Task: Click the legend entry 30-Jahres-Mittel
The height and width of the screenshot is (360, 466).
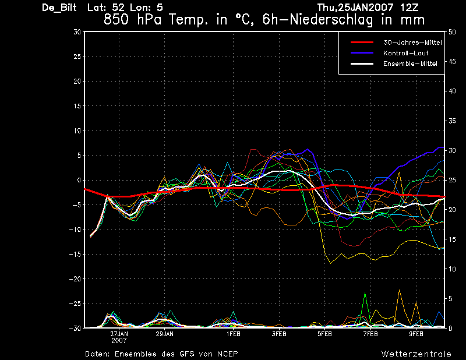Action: (x=412, y=43)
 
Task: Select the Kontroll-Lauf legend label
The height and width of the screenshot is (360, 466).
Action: (x=405, y=53)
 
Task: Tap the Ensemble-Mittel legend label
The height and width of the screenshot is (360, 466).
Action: (x=410, y=63)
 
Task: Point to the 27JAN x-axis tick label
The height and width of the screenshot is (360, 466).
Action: (x=119, y=334)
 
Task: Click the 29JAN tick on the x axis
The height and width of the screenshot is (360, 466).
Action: (x=165, y=334)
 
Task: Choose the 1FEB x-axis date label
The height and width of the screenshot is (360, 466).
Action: (x=234, y=334)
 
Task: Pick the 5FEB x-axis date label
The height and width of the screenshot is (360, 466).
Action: (x=324, y=334)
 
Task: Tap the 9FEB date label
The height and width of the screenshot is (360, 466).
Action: (x=416, y=334)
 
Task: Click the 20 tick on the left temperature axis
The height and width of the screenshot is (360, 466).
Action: (x=77, y=81)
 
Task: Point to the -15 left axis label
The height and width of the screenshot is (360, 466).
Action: (x=75, y=254)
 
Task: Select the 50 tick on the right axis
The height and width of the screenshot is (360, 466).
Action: (x=452, y=32)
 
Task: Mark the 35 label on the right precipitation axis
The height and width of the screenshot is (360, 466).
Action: (x=452, y=121)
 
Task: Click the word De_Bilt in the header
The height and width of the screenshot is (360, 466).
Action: (x=59, y=8)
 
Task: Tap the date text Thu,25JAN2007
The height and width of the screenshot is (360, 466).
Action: (x=355, y=8)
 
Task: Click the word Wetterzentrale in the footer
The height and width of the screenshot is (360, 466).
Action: (x=416, y=354)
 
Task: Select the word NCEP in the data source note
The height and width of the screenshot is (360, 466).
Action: (x=228, y=354)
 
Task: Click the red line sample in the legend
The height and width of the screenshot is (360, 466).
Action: (x=362, y=43)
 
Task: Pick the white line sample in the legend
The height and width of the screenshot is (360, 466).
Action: (x=362, y=63)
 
